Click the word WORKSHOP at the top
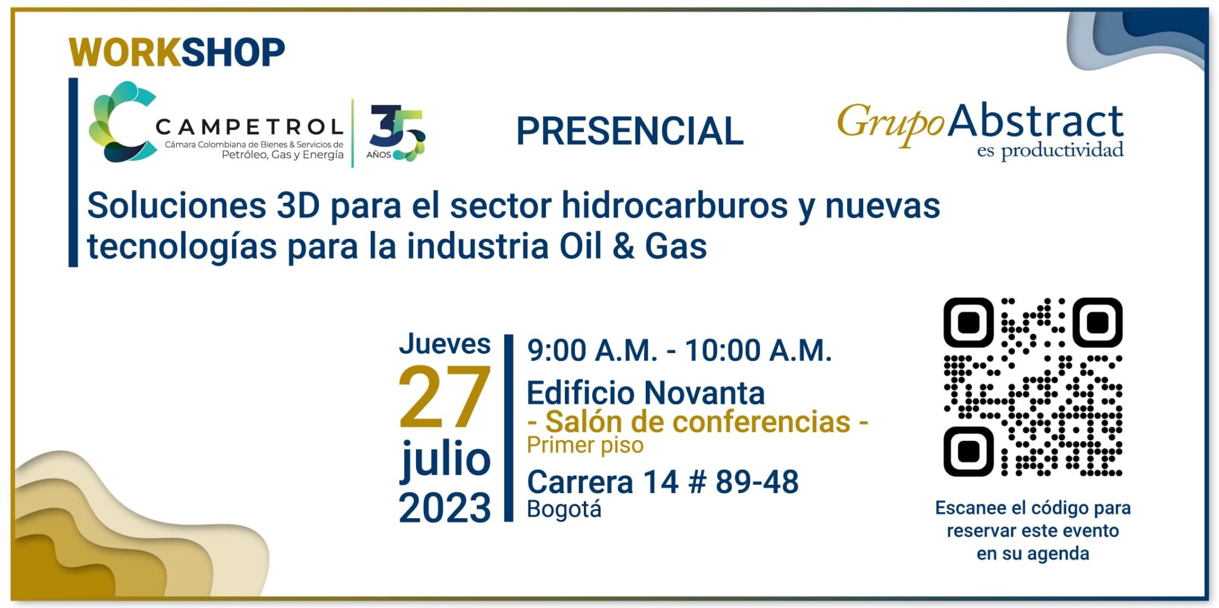[177, 52]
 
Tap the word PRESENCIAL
[630, 131]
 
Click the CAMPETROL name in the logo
[249, 126]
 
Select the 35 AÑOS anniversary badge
[396, 133]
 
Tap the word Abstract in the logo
[1036, 121]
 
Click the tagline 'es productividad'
[1050, 151]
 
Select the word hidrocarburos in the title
[674, 205]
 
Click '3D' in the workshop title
[298, 206]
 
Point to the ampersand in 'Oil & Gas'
[623, 247]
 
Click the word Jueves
[445, 344]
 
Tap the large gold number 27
[444, 397]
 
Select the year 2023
[445, 508]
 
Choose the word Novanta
[705, 394]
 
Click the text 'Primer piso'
[585, 445]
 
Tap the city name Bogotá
[564, 509]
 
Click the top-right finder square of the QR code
[1098, 322]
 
